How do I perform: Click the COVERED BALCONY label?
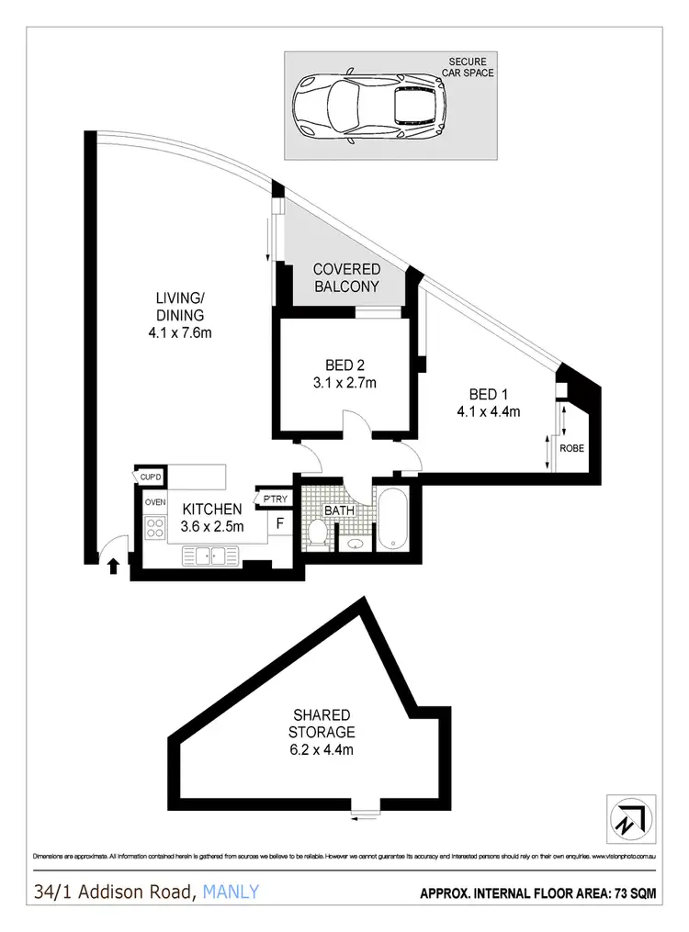[x=346, y=277]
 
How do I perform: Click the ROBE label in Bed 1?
[x=571, y=448]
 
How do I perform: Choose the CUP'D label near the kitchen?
[x=151, y=477]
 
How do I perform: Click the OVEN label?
[x=154, y=502]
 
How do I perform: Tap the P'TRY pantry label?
[x=276, y=499]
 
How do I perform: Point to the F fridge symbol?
[x=279, y=523]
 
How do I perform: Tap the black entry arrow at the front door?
[x=113, y=566]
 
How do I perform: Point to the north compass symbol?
[x=632, y=816]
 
